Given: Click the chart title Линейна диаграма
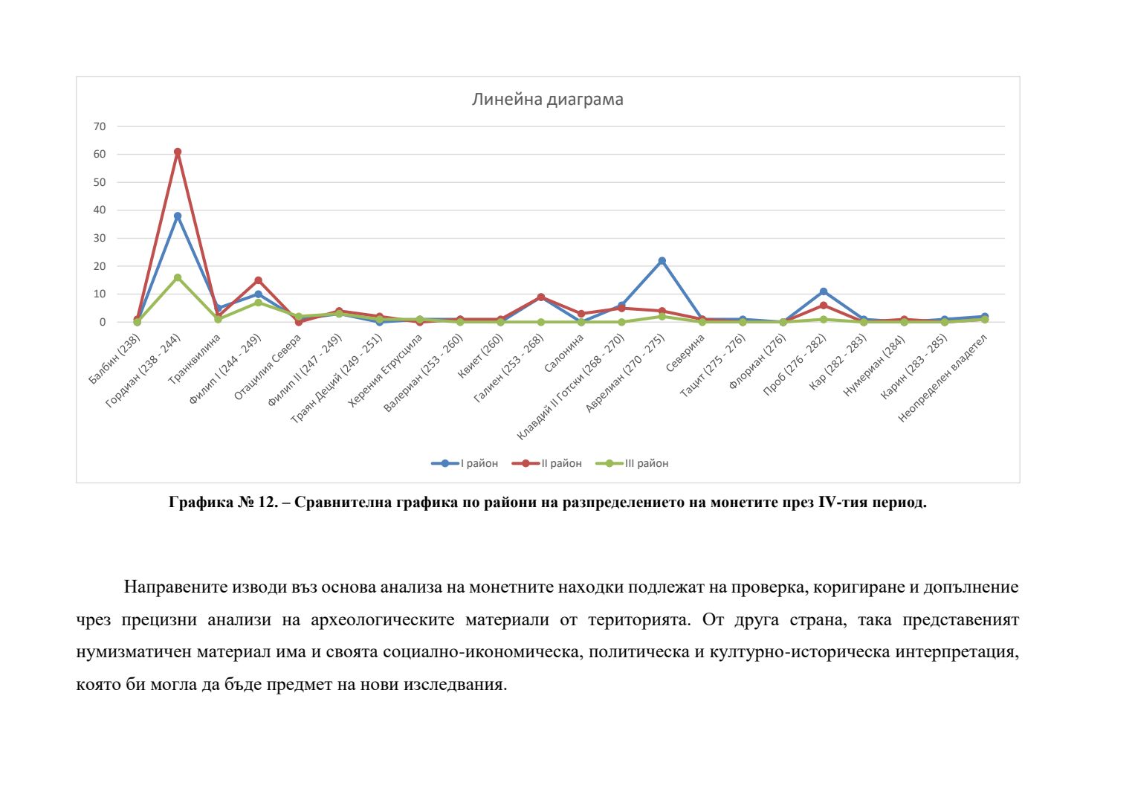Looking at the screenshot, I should click(x=548, y=100).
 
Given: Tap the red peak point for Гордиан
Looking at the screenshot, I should click(x=178, y=152).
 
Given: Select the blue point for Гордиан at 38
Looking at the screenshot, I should click(x=178, y=216).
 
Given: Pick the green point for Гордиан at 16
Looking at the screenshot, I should click(x=178, y=277).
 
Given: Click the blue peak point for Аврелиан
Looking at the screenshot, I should click(x=662, y=261).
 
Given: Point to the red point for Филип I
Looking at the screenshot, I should click(x=258, y=280).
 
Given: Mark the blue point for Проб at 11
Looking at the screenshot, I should click(x=824, y=291).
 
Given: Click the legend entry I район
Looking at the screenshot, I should click(x=465, y=463).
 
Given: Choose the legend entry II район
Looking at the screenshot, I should click(x=547, y=463).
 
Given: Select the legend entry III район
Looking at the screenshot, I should click(x=633, y=463).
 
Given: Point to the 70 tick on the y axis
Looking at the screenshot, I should click(x=100, y=126).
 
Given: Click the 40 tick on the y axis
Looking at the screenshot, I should click(x=100, y=210).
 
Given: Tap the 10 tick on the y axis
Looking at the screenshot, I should click(x=100, y=294).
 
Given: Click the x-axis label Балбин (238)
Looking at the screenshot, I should click(x=115, y=360).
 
